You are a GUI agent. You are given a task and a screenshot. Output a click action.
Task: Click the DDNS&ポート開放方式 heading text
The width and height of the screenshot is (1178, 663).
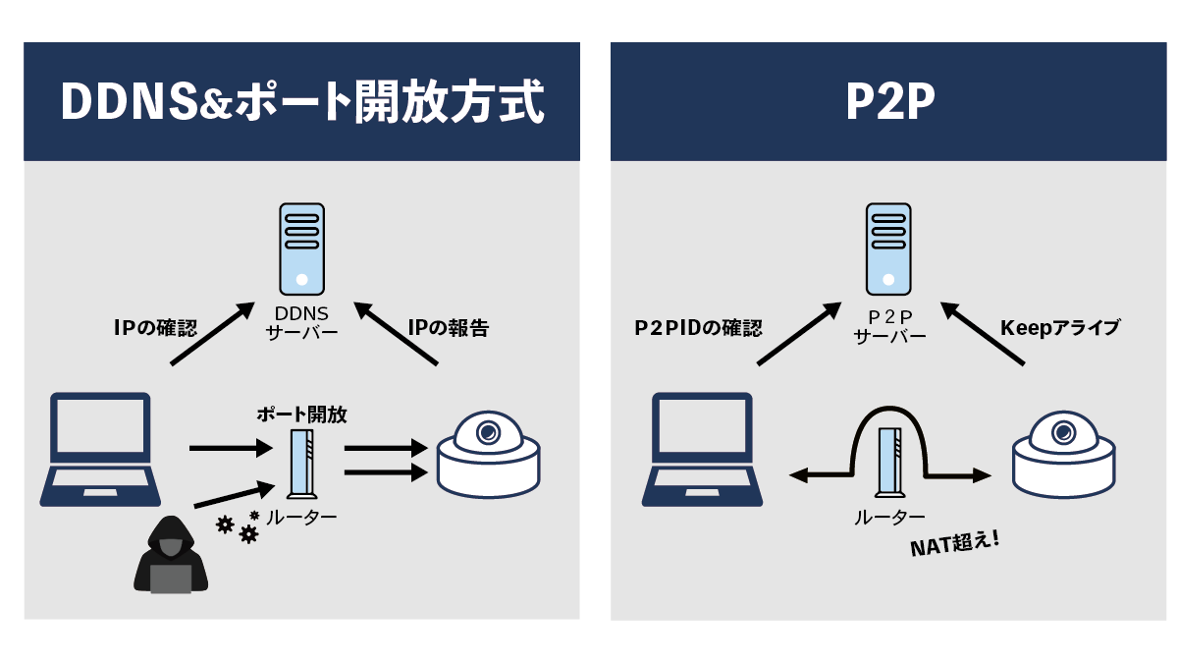(x=301, y=102)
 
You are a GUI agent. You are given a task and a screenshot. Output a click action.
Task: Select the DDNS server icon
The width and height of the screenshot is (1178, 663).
(x=301, y=249)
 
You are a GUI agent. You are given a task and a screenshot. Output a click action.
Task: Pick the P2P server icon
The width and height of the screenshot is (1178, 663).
(x=888, y=249)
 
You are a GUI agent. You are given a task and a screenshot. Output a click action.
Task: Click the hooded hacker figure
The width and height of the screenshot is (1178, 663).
(x=171, y=554)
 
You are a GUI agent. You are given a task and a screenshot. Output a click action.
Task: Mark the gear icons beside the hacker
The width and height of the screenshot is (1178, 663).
(x=239, y=526)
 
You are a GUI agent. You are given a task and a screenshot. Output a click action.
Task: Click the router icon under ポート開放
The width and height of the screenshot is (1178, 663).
(x=302, y=464)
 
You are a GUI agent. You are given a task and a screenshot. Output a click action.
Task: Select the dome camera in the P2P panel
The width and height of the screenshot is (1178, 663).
(x=1064, y=454)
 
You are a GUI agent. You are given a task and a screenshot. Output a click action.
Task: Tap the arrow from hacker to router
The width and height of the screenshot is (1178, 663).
(x=232, y=496)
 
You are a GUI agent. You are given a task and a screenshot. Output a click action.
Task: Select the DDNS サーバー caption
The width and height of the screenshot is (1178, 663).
(x=301, y=322)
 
